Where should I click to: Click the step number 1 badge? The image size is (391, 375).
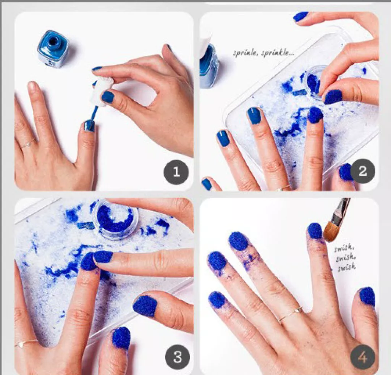[x=176, y=172]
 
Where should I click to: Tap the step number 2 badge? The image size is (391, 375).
[x=362, y=171]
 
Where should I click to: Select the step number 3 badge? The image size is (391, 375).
[x=177, y=357]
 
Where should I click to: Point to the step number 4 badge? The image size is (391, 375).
[x=363, y=357]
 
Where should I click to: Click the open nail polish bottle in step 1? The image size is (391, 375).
[x=53, y=48]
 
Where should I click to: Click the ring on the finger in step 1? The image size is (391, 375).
[x=28, y=144]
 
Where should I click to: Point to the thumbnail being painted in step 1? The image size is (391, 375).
[x=89, y=126]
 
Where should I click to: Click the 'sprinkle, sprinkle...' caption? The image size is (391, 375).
[x=263, y=53]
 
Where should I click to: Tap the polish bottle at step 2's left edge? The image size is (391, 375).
[x=208, y=66]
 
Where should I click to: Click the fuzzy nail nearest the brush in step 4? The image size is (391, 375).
[x=315, y=231]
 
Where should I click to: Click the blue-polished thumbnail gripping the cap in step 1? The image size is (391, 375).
[x=108, y=97]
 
